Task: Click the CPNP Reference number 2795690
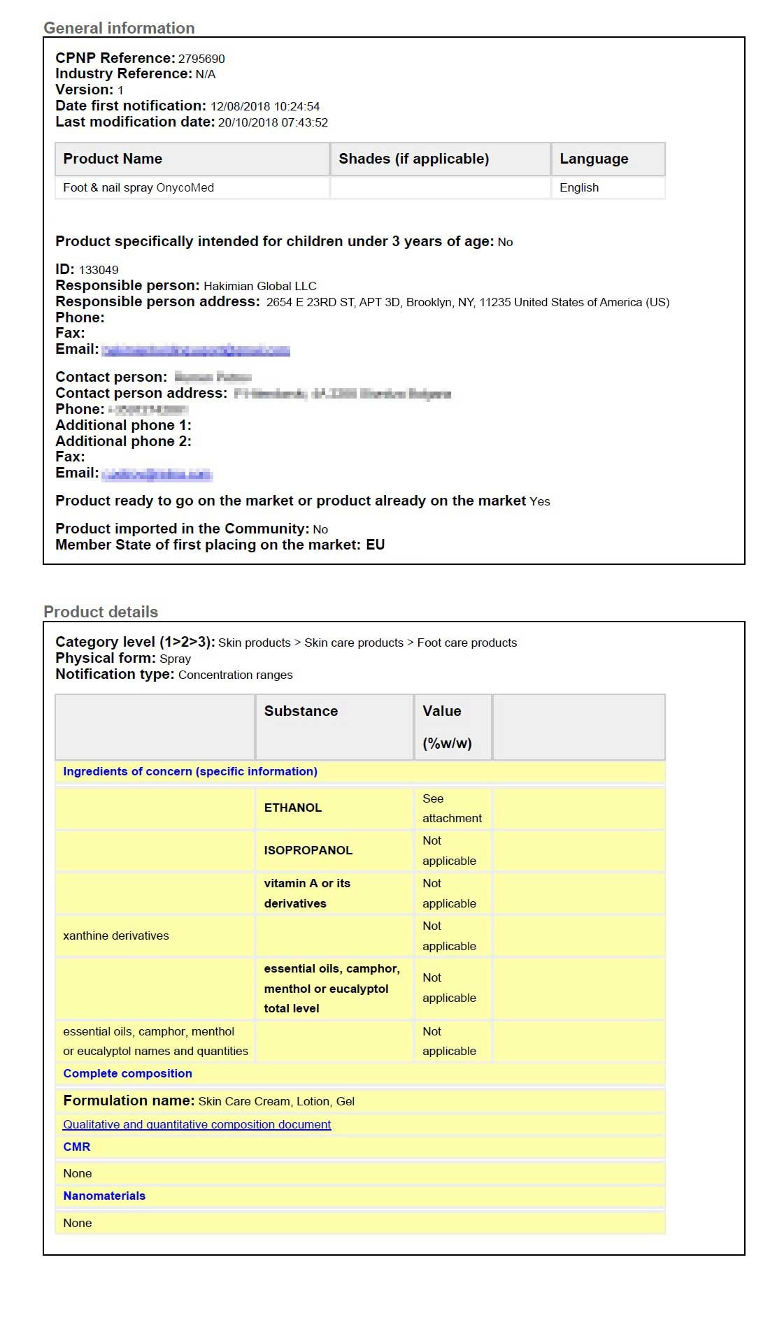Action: (201, 59)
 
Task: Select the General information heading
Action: (119, 28)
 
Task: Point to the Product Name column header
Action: (113, 159)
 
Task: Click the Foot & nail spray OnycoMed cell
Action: (138, 187)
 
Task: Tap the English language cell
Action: (579, 187)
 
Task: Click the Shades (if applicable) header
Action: (413, 159)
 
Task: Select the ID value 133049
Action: (99, 270)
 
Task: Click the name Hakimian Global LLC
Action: (259, 286)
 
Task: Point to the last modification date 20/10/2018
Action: (273, 122)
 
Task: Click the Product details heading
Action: (101, 612)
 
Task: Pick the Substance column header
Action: (301, 711)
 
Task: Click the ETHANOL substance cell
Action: (293, 808)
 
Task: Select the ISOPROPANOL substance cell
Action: (308, 850)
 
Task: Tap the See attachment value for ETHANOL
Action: (452, 808)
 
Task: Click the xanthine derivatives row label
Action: (116, 935)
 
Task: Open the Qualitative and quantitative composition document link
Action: (197, 1124)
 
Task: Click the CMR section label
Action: (77, 1147)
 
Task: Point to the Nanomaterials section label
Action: (104, 1196)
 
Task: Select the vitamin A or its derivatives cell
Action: (307, 893)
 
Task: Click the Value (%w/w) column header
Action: (447, 726)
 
